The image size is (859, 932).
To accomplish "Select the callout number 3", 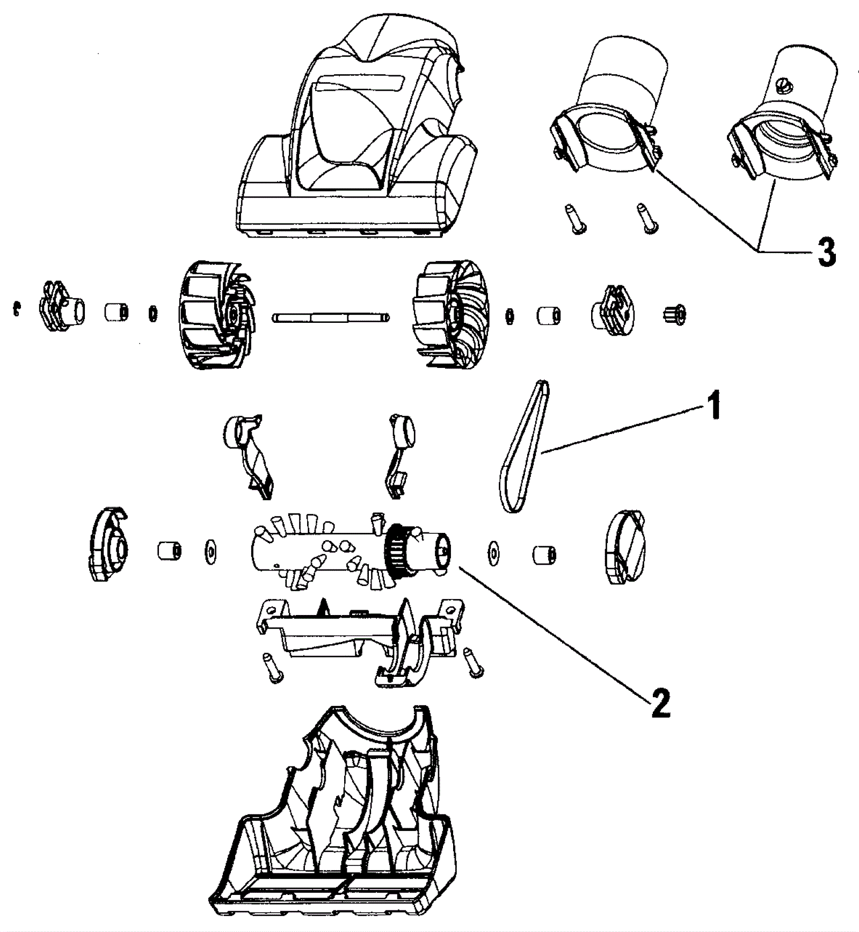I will (x=826, y=251).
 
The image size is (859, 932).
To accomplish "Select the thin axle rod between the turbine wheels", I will (x=331, y=318).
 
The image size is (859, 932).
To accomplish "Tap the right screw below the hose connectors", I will (x=645, y=219).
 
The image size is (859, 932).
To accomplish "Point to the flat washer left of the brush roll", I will (x=210, y=552).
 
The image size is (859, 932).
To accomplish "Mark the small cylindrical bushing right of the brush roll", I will (x=544, y=555).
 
